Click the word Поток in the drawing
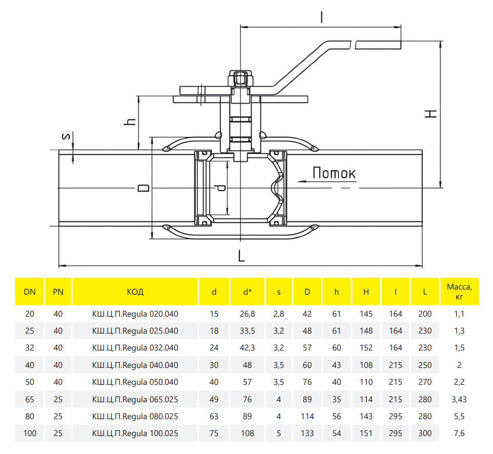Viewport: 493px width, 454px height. (334, 173)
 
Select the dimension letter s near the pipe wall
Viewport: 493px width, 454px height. (66, 136)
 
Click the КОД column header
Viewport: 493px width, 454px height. (135, 292)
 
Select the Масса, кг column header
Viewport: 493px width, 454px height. (459, 292)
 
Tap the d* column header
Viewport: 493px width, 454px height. (248, 292)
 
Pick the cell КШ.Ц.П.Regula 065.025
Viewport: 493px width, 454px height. (135, 399)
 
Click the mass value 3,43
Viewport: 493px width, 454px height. (459, 399)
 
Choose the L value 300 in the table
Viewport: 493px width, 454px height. (425, 434)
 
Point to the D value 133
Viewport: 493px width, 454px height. (307, 434)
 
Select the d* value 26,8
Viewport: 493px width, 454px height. (248, 314)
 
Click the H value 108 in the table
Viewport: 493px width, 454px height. (366, 365)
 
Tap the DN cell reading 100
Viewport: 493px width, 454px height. (30, 434)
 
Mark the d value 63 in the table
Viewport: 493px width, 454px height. (214, 416)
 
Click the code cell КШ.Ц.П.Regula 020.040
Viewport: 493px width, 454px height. (135, 314)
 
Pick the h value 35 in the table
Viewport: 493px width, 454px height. (336, 399)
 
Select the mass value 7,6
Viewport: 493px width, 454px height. (459, 434)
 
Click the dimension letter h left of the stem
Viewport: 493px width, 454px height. (130, 121)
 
